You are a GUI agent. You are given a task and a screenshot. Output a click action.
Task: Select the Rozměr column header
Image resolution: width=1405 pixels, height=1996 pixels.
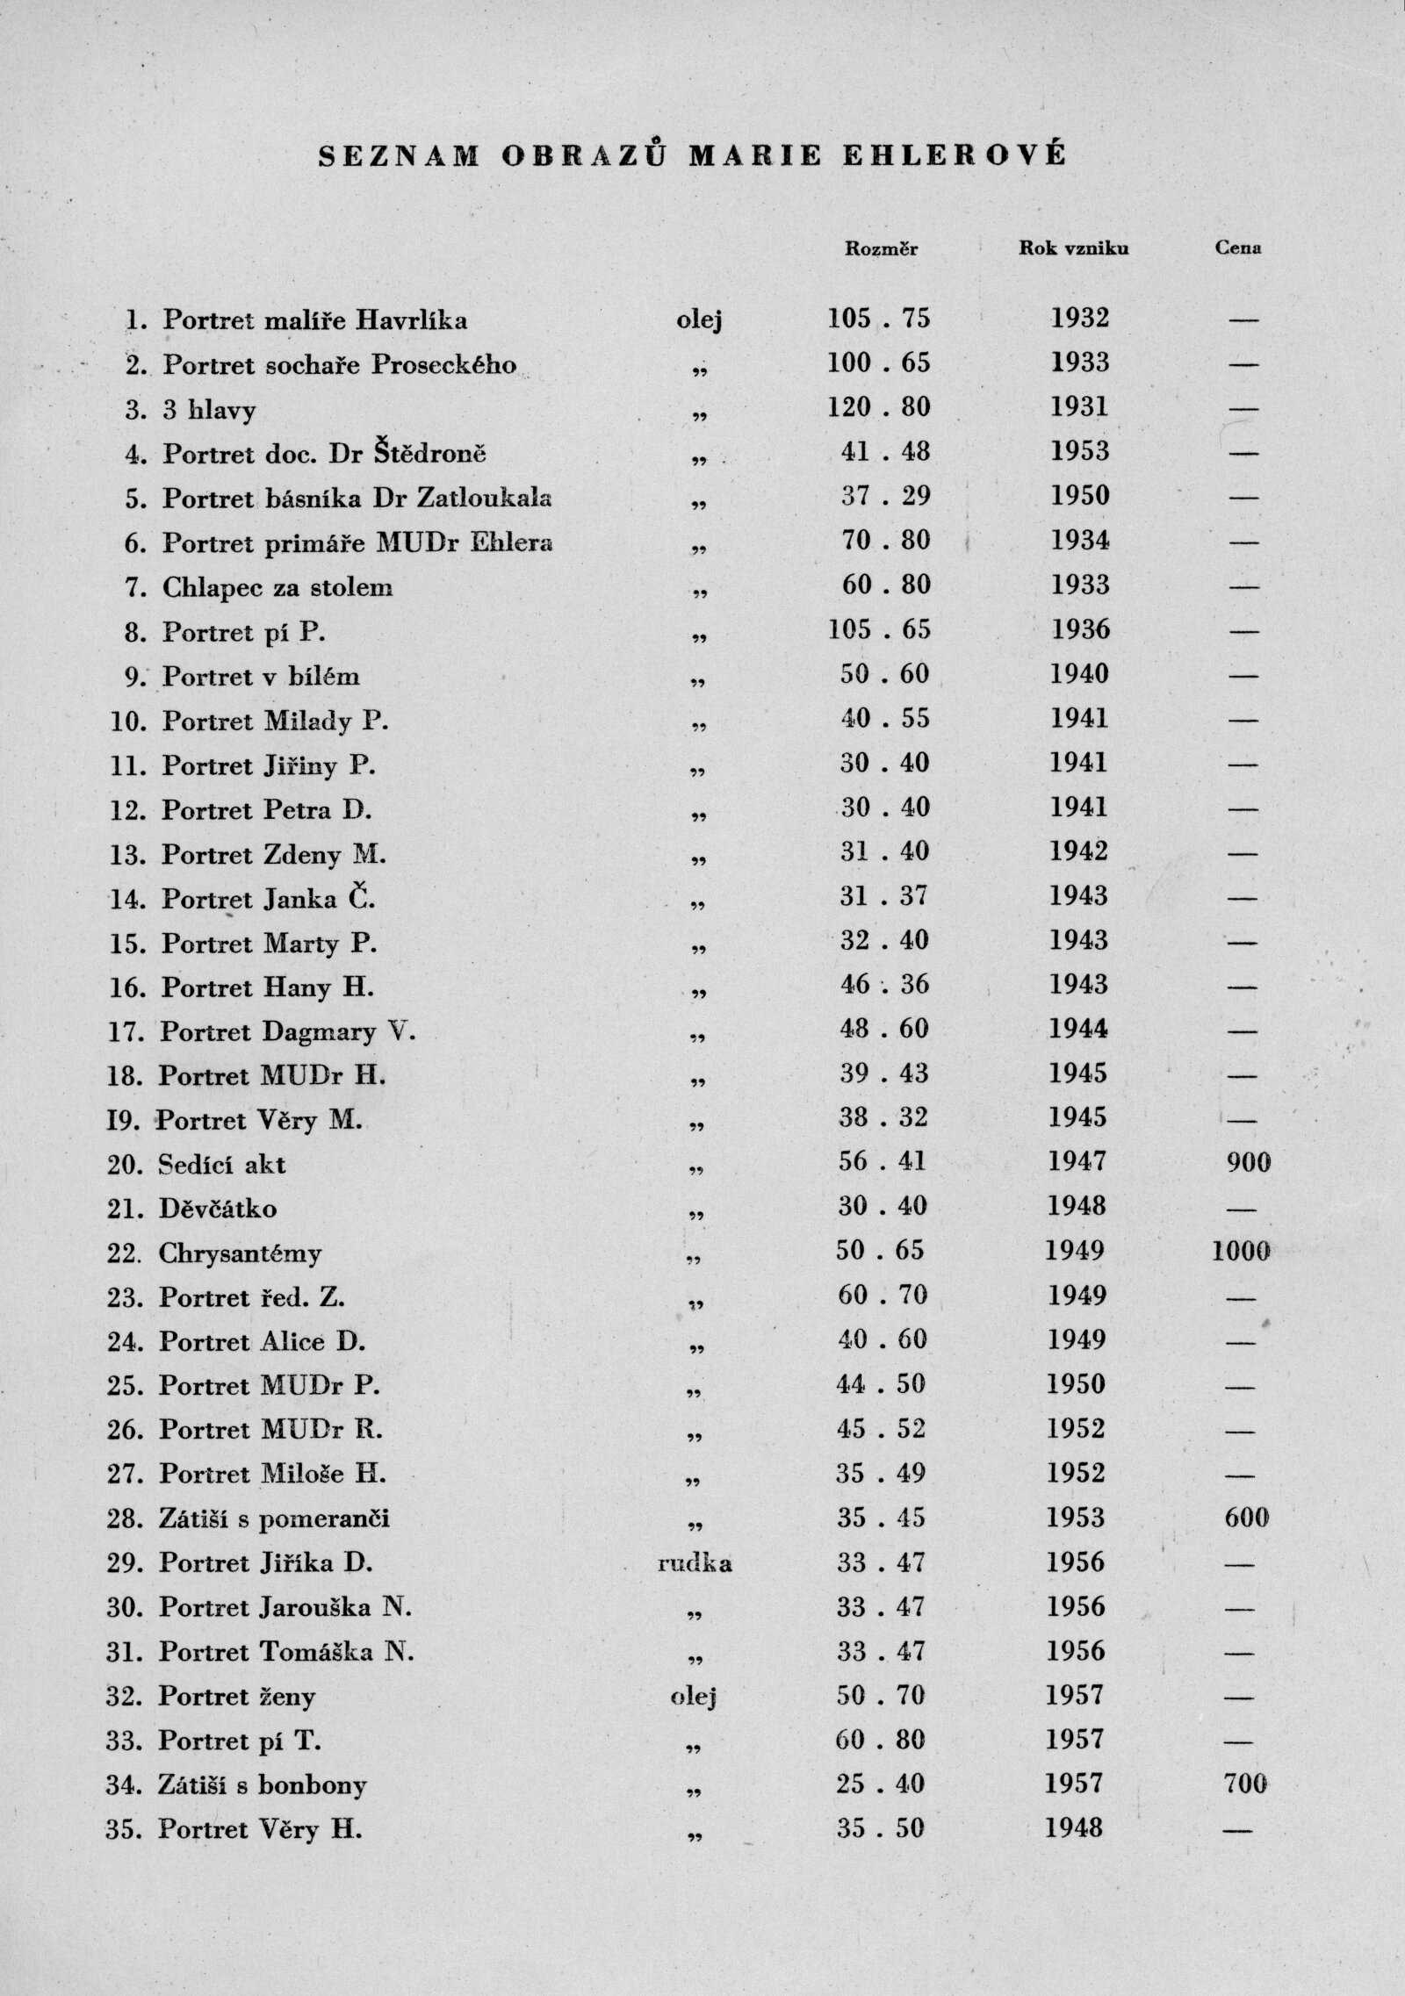tap(881, 248)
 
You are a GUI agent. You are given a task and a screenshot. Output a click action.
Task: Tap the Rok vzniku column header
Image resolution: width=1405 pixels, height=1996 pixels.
tap(1074, 248)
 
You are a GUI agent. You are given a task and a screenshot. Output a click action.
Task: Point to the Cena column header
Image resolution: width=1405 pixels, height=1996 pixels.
tap(1238, 248)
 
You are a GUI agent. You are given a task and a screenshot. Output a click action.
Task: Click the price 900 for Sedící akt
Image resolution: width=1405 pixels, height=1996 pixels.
tap(1247, 1163)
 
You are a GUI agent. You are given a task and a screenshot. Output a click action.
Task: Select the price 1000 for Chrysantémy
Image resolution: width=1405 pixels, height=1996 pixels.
tap(1241, 1252)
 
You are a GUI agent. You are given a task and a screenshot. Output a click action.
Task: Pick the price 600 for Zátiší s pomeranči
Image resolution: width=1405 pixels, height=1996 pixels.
tap(1246, 1518)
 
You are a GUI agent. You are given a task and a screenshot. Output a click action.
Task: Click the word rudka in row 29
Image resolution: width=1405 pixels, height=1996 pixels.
tap(695, 1563)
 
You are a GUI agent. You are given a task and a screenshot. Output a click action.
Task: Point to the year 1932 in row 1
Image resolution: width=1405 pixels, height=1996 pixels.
tap(1080, 318)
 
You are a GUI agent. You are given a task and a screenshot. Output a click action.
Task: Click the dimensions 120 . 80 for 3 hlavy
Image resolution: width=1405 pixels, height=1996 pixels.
tap(878, 407)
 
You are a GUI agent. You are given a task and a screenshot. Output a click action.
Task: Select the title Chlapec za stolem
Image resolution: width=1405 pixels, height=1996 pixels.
tap(277, 587)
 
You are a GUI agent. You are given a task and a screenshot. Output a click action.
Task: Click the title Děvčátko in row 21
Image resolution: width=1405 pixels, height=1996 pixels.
tap(218, 1209)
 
